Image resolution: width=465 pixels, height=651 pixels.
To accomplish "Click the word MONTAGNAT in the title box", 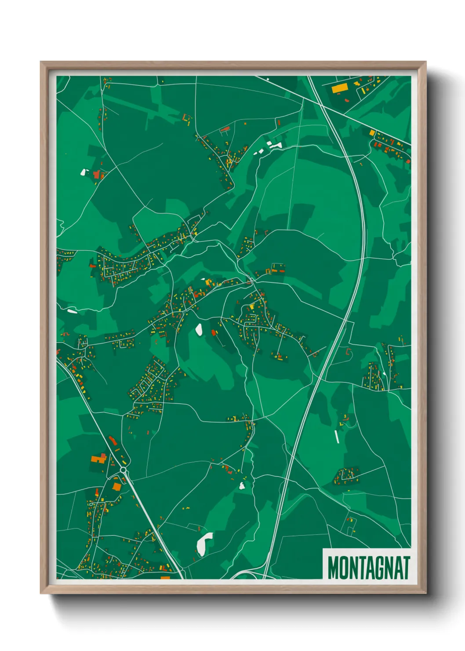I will click(x=368, y=567).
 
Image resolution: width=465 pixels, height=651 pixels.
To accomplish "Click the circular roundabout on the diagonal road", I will click(x=123, y=470).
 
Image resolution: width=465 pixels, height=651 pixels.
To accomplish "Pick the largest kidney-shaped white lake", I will click(x=203, y=544).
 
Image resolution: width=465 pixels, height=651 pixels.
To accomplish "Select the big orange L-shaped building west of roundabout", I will click(x=98, y=459).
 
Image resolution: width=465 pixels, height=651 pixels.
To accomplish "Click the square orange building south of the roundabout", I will click(x=116, y=486).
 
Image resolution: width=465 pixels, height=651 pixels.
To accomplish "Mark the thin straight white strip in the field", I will click(x=337, y=436).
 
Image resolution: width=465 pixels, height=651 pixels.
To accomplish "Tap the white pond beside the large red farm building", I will click(x=83, y=172).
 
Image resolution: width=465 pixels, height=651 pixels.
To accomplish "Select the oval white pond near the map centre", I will click(x=199, y=329).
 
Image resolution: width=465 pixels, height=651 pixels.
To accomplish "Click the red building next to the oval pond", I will click(x=214, y=333).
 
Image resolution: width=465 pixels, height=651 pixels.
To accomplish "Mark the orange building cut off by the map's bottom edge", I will click(x=165, y=577).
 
